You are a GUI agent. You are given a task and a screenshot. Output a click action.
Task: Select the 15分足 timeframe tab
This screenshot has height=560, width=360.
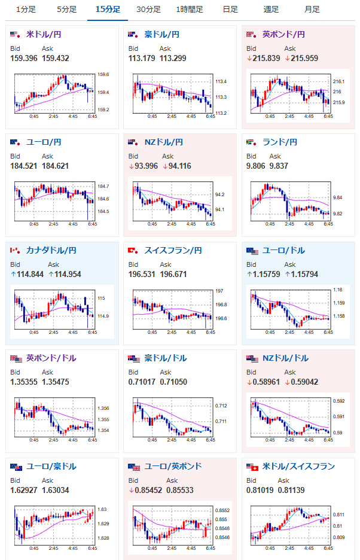[108, 10]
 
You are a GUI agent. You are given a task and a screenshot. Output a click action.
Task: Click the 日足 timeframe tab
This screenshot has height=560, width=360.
[230, 10]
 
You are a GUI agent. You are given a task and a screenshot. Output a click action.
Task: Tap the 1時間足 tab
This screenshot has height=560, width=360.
[190, 10]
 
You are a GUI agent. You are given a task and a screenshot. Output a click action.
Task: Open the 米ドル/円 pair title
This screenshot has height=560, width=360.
[44, 35]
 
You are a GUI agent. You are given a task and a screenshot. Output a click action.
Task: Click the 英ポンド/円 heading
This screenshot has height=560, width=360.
[283, 35]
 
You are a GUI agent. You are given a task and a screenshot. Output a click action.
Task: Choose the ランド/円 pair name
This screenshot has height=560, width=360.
[280, 142]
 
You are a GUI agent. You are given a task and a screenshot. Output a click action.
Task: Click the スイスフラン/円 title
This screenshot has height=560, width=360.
[173, 250]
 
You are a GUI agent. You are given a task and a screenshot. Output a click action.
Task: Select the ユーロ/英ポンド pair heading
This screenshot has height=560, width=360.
[173, 466]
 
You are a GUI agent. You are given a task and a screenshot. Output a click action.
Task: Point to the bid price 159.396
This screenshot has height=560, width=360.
[23, 58]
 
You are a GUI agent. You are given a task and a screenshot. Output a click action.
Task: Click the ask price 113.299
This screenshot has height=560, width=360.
[173, 58]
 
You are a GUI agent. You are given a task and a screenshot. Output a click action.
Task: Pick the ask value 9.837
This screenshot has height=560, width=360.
[279, 166]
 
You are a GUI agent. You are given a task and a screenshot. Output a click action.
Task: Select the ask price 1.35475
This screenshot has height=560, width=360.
[56, 382]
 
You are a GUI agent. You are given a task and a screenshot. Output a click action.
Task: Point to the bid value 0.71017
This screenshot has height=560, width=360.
[142, 382]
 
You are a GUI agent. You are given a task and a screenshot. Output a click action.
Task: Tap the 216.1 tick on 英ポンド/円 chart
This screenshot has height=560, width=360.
[338, 81]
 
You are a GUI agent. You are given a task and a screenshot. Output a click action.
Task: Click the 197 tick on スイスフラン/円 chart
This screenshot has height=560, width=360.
[219, 291]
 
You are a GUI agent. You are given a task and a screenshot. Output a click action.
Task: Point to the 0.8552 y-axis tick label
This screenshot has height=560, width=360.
[222, 510]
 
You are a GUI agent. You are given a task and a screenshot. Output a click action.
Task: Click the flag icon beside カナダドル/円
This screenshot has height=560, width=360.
[15, 251]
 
